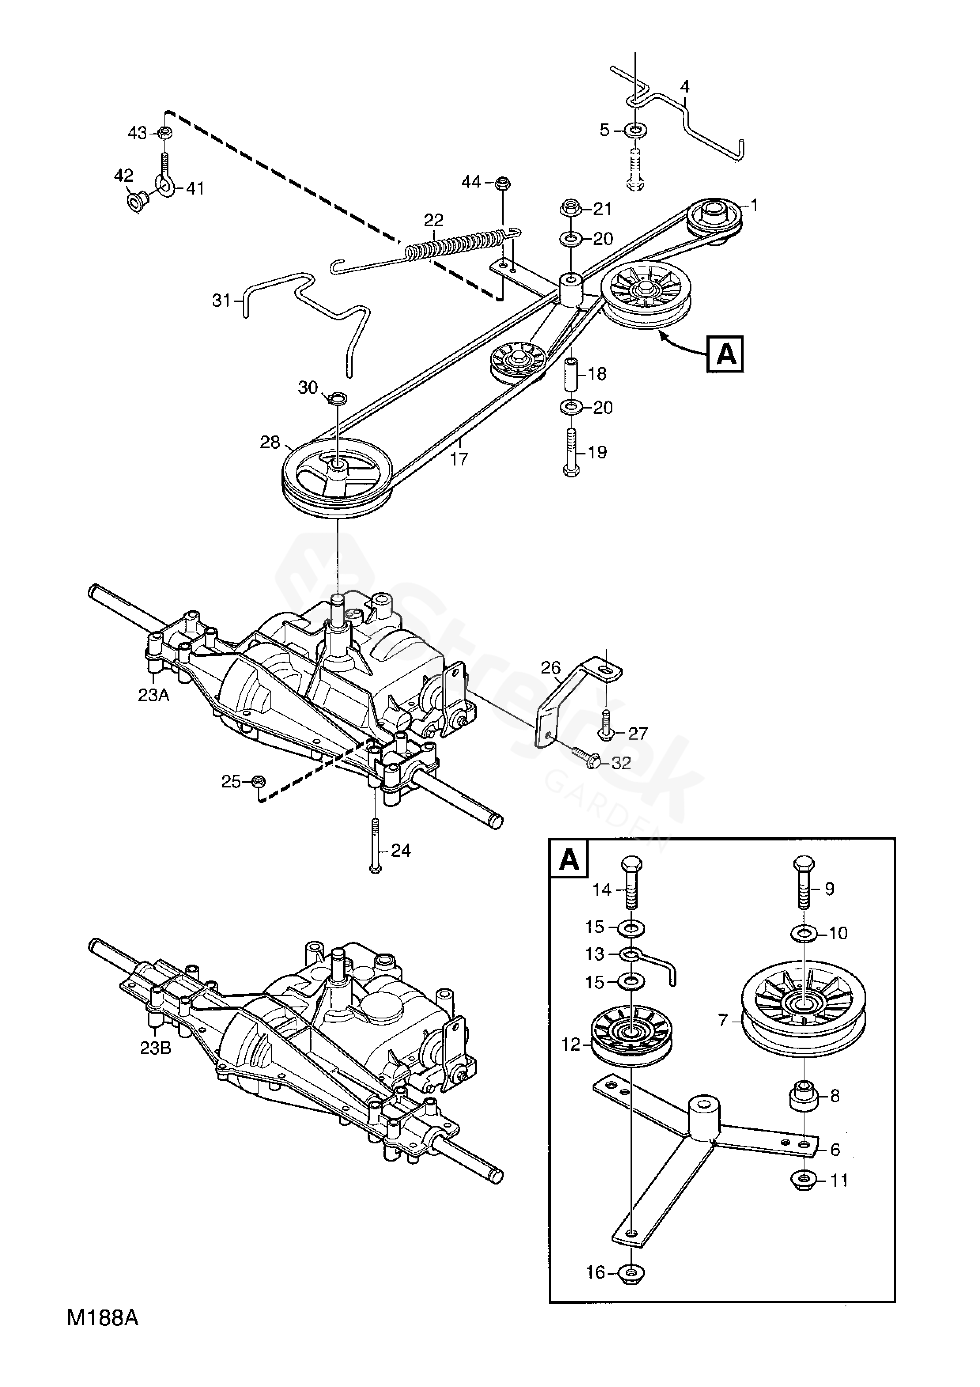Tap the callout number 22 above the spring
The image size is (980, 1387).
pyautogui.click(x=434, y=220)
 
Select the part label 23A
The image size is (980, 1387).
pyautogui.click(x=153, y=695)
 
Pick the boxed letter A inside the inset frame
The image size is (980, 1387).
pyautogui.click(x=569, y=859)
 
